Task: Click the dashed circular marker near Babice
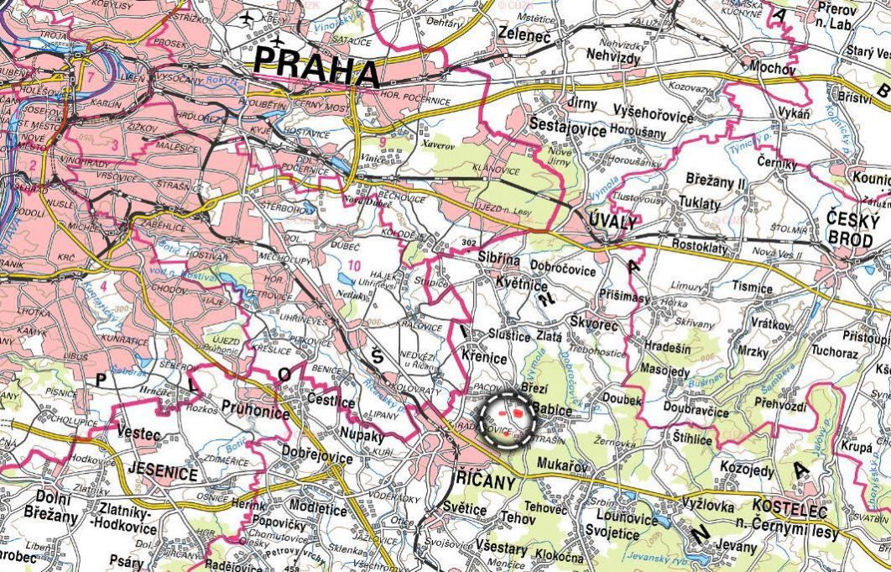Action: pyautogui.click(x=506, y=415)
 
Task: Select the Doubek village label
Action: pyautogui.click(x=621, y=401)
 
